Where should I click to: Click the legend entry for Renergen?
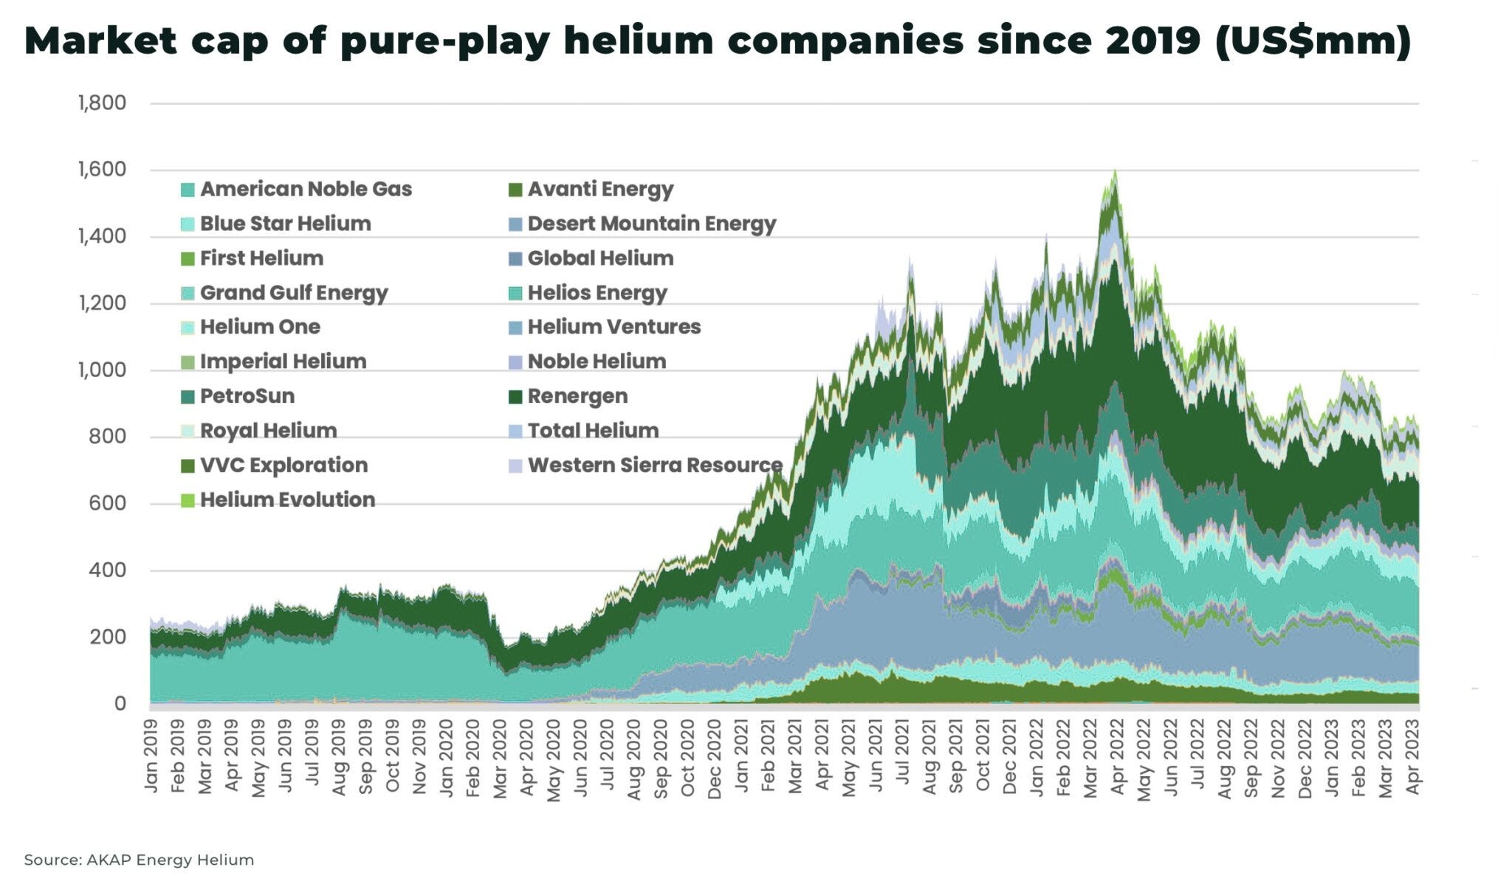(x=577, y=396)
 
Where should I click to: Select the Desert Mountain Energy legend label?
(x=651, y=224)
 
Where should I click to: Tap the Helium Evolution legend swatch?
(x=188, y=500)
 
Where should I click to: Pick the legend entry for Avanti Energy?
(x=599, y=189)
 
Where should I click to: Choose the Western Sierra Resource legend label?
(x=654, y=466)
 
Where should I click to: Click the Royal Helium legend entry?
(x=267, y=431)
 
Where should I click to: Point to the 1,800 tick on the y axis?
(x=102, y=103)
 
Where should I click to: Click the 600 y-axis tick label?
(x=108, y=503)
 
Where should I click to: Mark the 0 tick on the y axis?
(x=120, y=703)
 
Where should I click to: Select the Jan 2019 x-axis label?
(x=151, y=756)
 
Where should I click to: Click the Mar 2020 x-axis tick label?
(x=500, y=758)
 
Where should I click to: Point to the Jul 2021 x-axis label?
(x=902, y=756)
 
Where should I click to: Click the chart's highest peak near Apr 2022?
(x=1115, y=171)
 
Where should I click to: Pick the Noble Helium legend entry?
(x=596, y=362)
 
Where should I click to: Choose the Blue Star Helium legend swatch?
(x=188, y=224)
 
